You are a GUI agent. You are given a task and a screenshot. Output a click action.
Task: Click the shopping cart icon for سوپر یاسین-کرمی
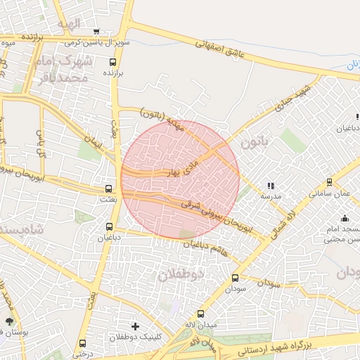pyautogui.click(x=96, y=32)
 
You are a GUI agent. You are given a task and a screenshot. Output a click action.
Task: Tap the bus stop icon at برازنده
pyautogui.click(x=112, y=62)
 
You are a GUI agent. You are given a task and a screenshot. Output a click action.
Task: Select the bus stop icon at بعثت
pyautogui.click(x=108, y=188)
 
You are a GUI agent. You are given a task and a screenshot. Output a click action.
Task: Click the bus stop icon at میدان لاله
pyautogui.click(x=200, y=314)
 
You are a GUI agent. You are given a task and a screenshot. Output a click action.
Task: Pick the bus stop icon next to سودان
pyautogui.click(x=235, y=278)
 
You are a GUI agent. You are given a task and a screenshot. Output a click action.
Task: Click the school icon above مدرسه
pyautogui.click(x=271, y=186)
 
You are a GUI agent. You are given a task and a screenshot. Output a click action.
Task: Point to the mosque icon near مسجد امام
pyautogui.click(x=344, y=219)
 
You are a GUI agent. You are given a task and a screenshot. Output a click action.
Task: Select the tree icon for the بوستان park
pyautogui.click(x=8, y=321)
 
